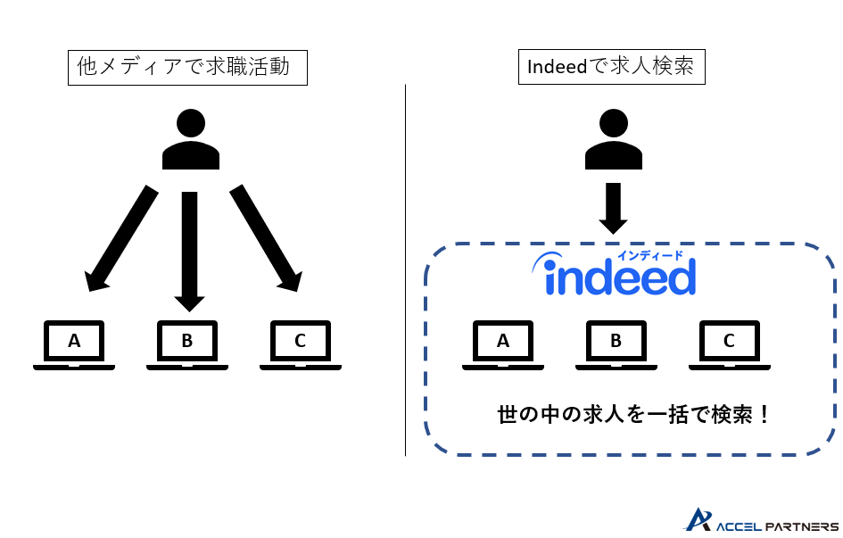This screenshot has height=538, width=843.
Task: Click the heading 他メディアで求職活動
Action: click(x=187, y=67)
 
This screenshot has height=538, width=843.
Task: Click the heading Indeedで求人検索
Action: click(x=611, y=67)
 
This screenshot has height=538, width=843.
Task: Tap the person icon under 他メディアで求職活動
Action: click(x=190, y=140)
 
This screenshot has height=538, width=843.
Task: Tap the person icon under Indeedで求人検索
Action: click(x=613, y=140)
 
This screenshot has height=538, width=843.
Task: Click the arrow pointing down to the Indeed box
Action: click(x=613, y=208)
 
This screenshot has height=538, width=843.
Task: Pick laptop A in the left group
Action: click(x=74, y=343)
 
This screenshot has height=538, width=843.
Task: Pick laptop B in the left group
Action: click(x=187, y=343)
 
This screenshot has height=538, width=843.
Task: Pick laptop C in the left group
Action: click(x=301, y=343)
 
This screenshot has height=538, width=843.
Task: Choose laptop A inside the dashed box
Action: click(x=503, y=343)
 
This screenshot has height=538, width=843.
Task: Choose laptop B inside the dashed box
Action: click(x=616, y=343)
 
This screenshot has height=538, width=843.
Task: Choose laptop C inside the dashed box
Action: click(x=730, y=343)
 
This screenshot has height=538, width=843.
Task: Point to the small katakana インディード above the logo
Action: click(x=656, y=255)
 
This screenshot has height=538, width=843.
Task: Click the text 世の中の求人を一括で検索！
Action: click(x=633, y=415)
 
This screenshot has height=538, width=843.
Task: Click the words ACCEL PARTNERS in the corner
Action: click(x=776, y=526)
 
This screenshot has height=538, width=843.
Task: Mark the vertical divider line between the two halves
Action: click(x=406, y=268)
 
